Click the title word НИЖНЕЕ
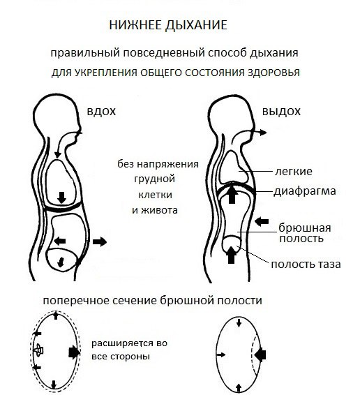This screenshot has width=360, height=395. (136, 25)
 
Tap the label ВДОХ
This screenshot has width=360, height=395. (101, 112)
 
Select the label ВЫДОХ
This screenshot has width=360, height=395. (281, 112)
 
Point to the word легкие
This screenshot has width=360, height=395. (294, 172)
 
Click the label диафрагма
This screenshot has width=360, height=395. (305, 191)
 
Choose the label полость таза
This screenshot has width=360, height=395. (306, 264)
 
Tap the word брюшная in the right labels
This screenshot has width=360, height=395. (305, 228)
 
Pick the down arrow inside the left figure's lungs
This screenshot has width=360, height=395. (61, 197)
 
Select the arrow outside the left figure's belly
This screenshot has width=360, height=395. (100, 242)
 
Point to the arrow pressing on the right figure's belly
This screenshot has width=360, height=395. (262, 222)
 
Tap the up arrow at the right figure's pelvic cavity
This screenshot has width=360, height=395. (231, 255)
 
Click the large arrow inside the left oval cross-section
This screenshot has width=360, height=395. (73, 352)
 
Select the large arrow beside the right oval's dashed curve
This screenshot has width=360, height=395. (260, 355)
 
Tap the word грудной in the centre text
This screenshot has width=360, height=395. (154, 179)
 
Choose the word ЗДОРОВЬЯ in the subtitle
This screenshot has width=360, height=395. (274, 73)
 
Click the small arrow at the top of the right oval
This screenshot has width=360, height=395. (239, 322)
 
